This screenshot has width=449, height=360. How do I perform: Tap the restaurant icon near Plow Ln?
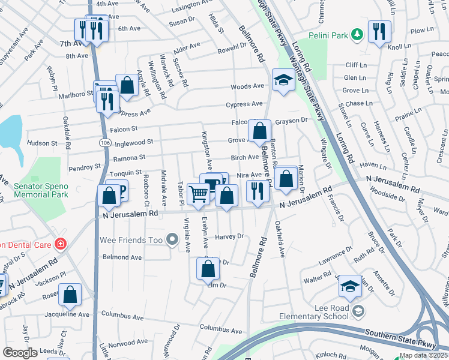tap(379, 32)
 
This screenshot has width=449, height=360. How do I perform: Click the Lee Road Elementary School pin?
tap(358, 310)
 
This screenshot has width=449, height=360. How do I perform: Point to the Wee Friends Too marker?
tap(173, 241)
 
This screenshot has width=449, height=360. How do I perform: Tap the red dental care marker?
tap(60, 244)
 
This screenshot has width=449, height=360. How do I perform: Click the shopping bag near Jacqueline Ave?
tap(71, 295)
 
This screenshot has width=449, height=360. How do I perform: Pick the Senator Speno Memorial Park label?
tap(40, 190)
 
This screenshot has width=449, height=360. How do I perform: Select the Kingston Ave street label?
tap(207, 149)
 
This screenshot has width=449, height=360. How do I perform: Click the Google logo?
tap(20, 353)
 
